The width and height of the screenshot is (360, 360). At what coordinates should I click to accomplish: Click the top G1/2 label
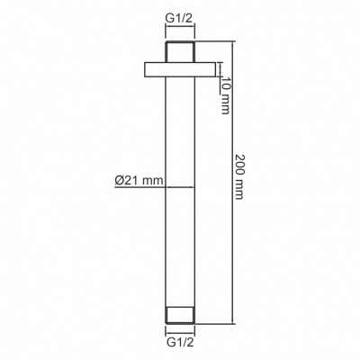tap(179, 19)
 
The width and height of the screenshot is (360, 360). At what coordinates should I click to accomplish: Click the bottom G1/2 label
tap(179, 342)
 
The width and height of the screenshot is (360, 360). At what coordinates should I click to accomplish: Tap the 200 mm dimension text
tap(239, 176)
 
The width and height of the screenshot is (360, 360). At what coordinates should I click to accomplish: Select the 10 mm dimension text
tap(226, 95)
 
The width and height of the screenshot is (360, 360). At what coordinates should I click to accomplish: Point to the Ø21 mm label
tap(139, 181)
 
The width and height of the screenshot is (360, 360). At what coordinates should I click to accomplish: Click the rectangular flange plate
tap(180, 69)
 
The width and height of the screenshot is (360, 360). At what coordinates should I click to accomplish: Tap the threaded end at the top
tap(180, 51)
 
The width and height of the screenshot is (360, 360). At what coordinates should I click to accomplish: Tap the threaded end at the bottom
tap(180, 315)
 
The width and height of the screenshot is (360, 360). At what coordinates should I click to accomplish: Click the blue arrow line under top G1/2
tap(180, 27)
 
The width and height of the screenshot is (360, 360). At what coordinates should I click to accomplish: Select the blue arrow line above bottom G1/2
tap(180, 333)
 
